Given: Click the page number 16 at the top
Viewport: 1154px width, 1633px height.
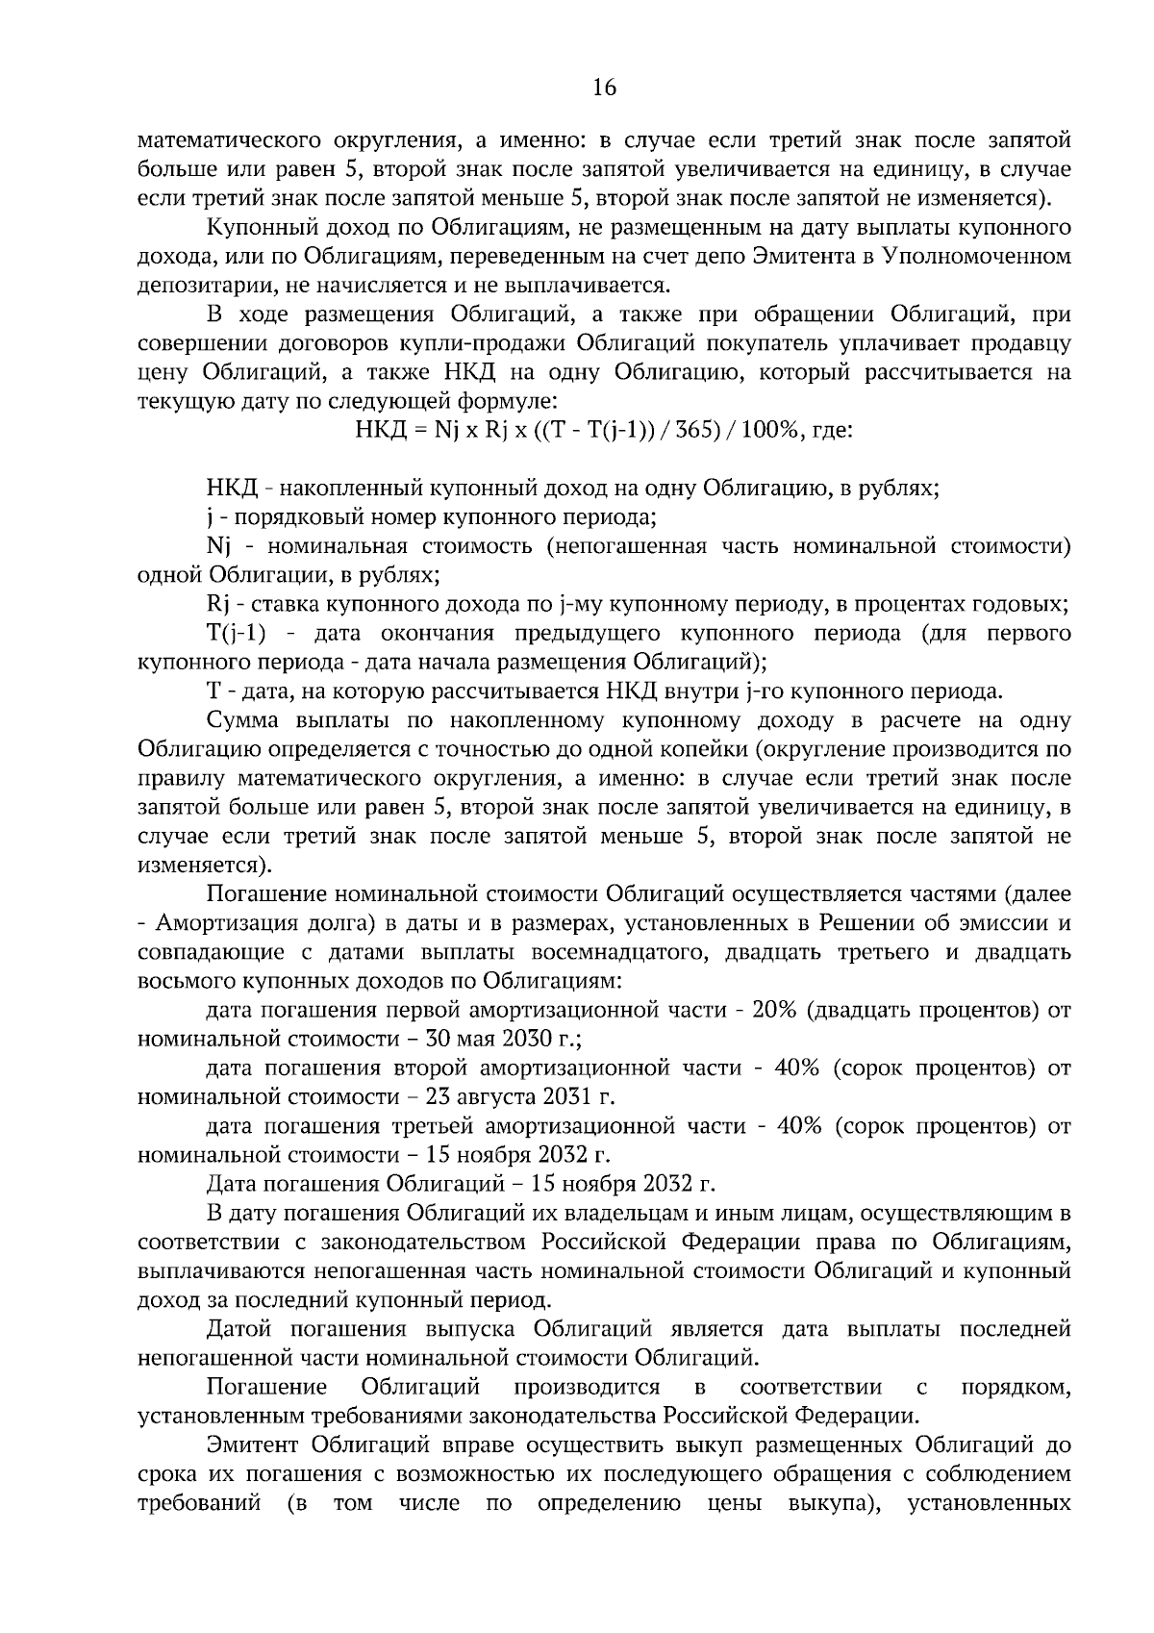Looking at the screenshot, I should tap(604, 88).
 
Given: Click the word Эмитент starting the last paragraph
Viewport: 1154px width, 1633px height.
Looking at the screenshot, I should tap(251, 1445).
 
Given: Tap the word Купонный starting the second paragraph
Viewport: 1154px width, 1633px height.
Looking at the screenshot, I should tap(259, 228).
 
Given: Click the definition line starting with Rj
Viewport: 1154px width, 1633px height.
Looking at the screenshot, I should tap(217, 605).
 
